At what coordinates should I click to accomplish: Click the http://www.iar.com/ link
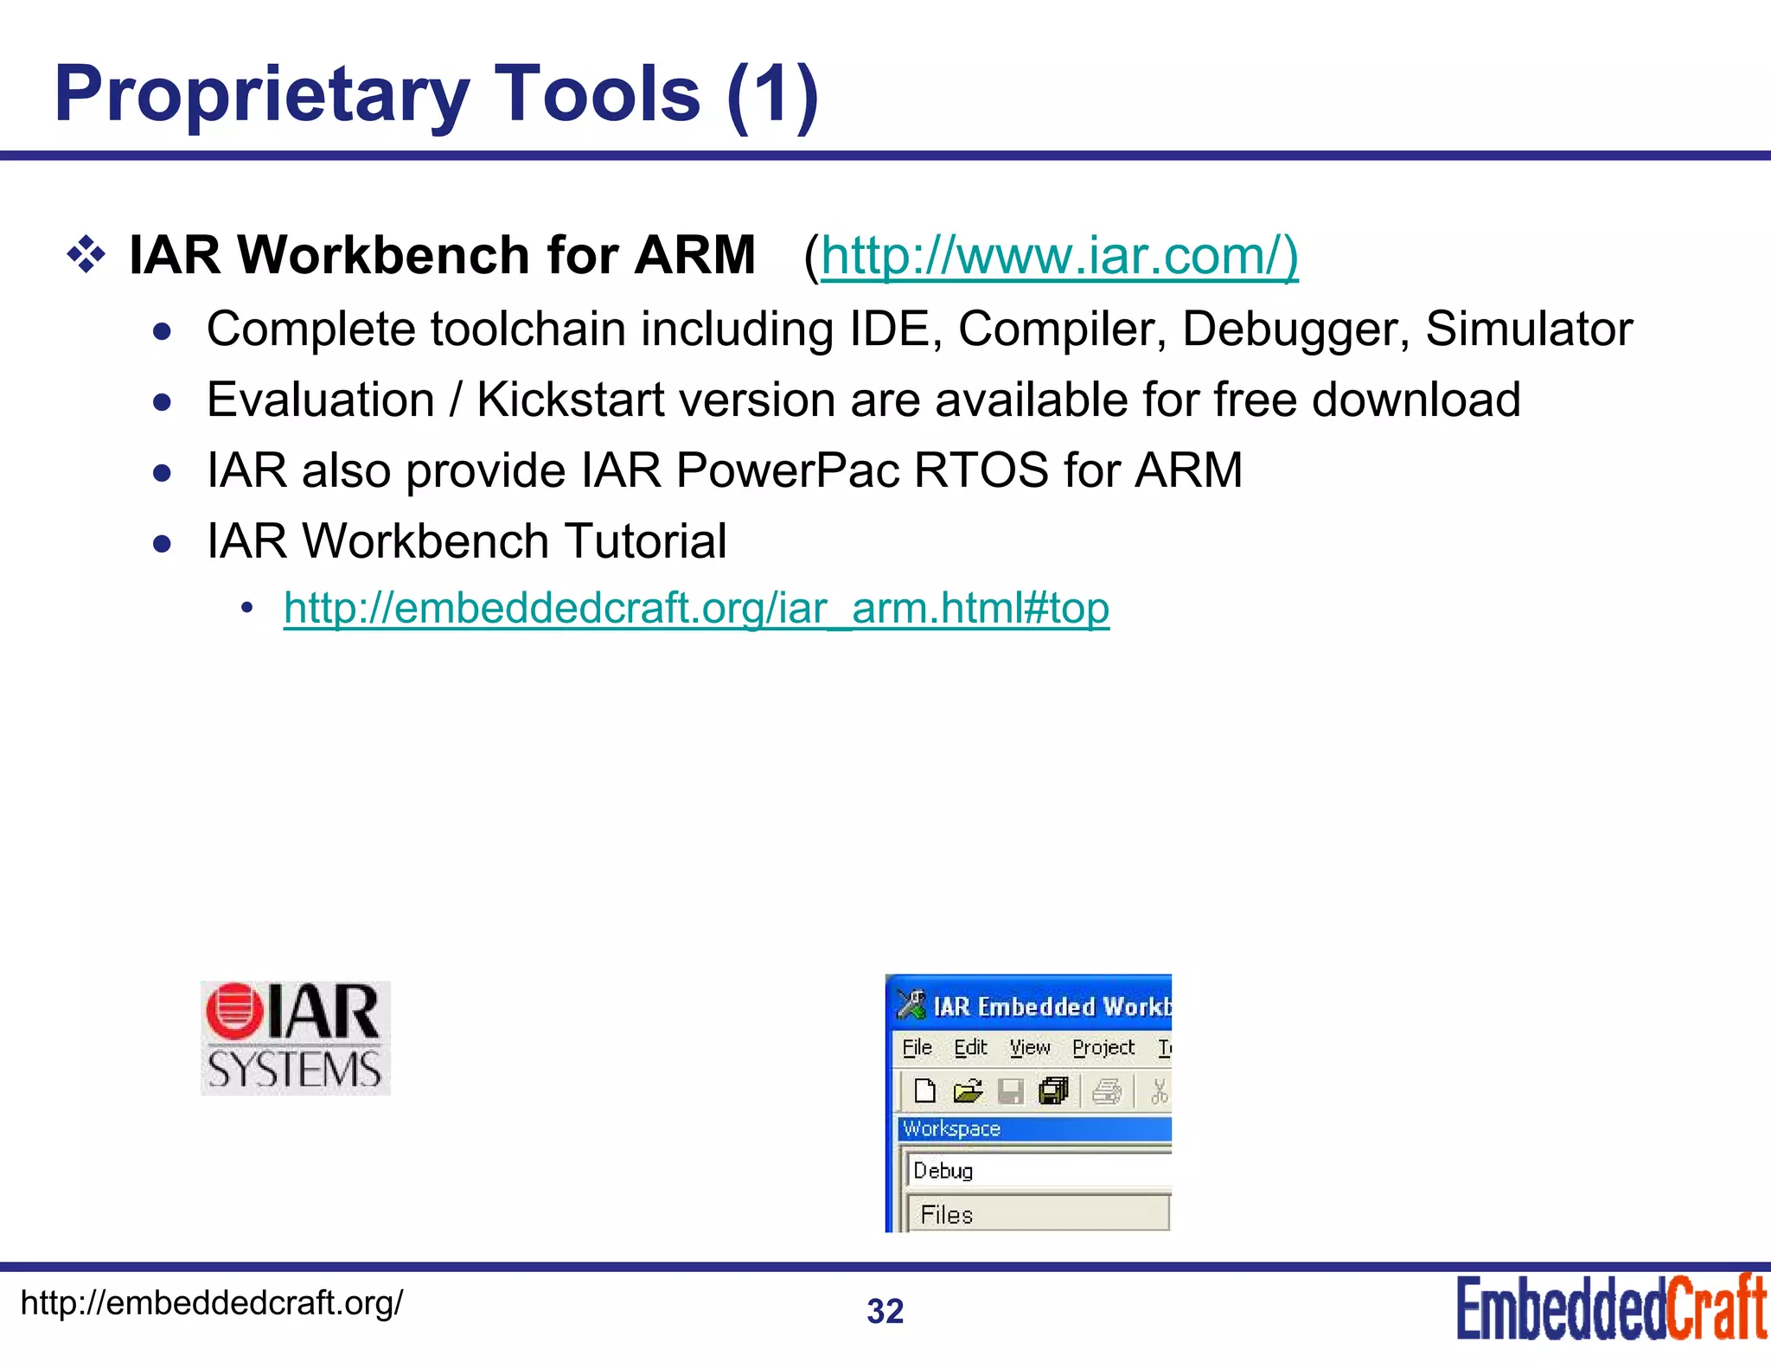click(1058, 256)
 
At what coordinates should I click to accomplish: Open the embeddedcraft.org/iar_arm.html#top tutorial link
click(696, 608)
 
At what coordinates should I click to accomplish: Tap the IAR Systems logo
click(296, 1038)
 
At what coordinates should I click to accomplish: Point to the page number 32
click(885, 1311)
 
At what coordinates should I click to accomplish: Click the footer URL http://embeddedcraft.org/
click(211, 1302)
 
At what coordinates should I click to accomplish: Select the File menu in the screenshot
click(917, 1048)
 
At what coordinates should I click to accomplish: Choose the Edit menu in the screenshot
click(970, 1048)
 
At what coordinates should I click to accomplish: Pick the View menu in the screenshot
click(1029, 1048)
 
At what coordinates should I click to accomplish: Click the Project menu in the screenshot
click(1103, 1048)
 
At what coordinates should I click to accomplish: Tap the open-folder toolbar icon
click(968, 1091)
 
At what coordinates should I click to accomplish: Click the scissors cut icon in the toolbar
click(1159, 1091)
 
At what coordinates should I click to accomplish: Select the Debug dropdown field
click(1038, 1171)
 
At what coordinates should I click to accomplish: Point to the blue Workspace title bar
click(1034, 1128)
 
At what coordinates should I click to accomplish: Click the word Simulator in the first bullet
click(1528, 329)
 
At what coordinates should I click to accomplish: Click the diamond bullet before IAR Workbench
click(86, 256)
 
